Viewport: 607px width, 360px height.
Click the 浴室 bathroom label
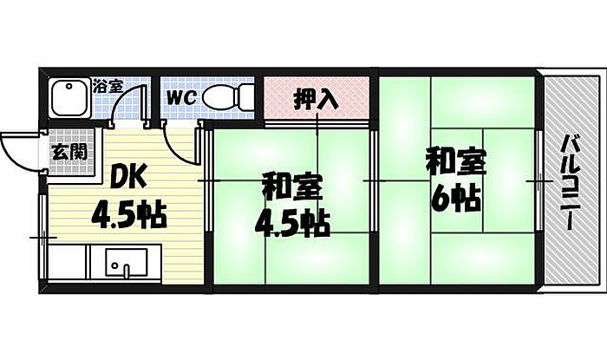pos(108,86)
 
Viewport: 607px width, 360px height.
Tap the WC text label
pos(182,97)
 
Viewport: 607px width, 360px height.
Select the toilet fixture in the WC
pos(227,97)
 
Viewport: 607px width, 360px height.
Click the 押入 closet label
pos(317,100)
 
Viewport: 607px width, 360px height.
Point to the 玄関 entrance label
pos(69,152)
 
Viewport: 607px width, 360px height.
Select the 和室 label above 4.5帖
pos(292,188)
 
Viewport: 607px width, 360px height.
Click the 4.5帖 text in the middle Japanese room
pos(292,223)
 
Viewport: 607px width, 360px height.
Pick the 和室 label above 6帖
pos(455,161)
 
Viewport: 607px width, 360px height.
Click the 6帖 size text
pos(456,198)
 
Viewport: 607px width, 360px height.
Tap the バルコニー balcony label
pos(569,183)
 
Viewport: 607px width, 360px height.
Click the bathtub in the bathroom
pos(69,98)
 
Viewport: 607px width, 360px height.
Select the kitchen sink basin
pos(127,263)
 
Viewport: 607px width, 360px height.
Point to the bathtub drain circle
pos(69,86)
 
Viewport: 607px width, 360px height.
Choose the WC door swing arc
pos(177,145)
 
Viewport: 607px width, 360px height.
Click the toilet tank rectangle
pos(245,97)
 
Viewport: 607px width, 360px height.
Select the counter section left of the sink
pos(69,262)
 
